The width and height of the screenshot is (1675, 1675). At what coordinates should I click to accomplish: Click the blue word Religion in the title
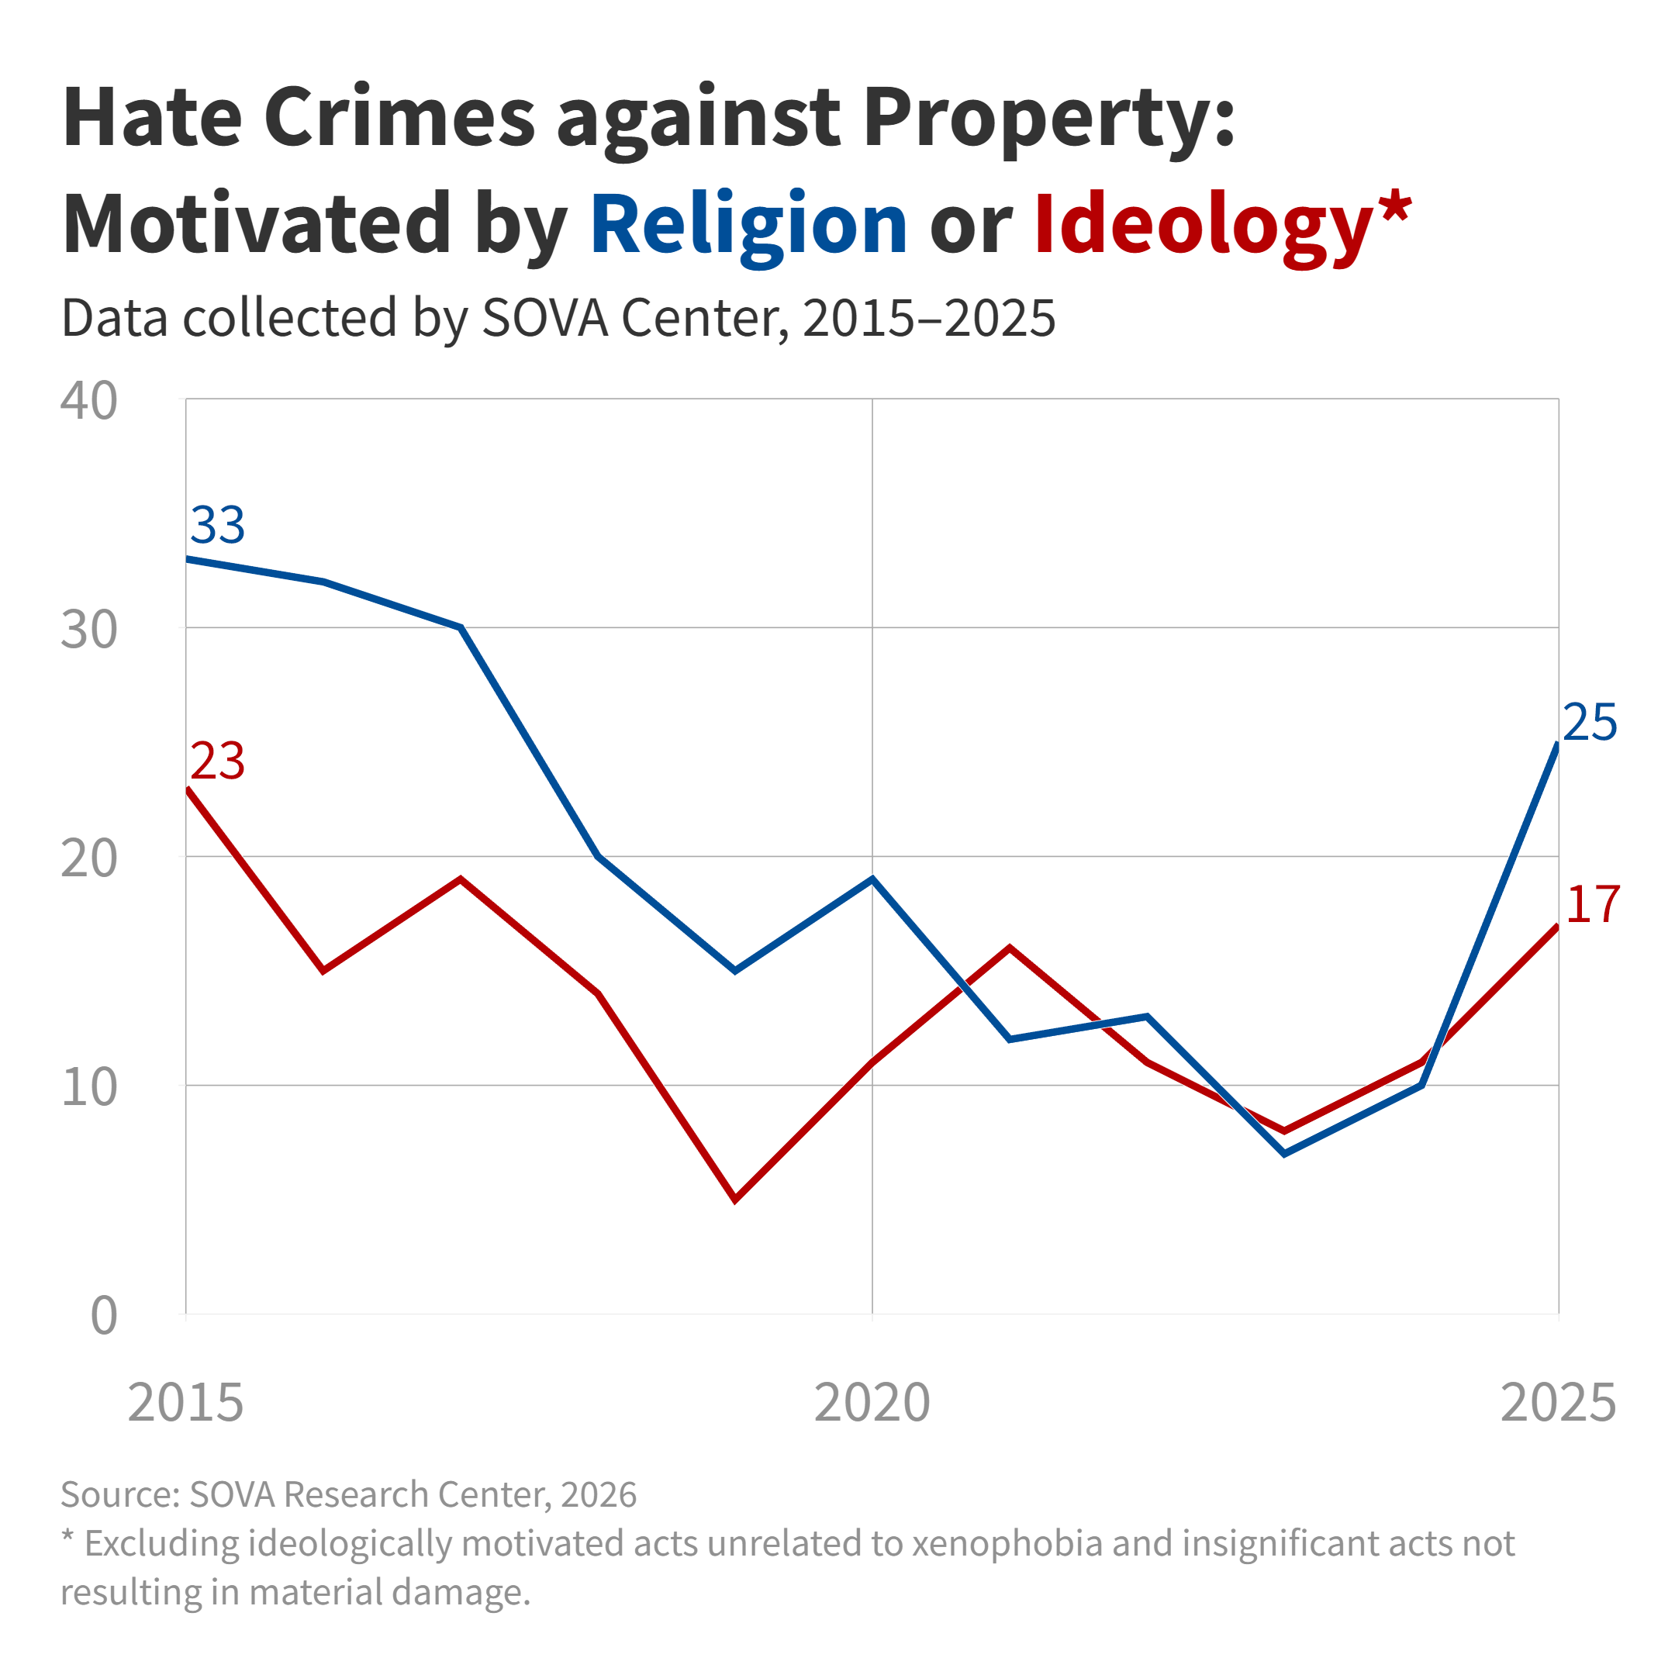(748, 226)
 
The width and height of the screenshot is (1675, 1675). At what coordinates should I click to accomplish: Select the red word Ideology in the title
(1204, 226)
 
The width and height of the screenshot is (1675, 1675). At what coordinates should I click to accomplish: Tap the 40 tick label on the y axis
(89, 402)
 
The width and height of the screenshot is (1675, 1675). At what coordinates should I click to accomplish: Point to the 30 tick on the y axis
(89, 630)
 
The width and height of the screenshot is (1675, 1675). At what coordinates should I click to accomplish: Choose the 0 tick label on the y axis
(104, 1315)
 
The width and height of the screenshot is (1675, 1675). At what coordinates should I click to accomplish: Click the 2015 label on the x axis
(185, 1402)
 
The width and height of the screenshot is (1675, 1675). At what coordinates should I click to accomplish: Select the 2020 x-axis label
(872, 1402)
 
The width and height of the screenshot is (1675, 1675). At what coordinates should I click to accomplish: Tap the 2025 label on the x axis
(1558, 1402)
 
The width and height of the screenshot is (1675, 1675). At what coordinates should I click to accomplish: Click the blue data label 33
(218, 526)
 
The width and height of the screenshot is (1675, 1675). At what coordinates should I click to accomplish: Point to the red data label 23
(218, 762)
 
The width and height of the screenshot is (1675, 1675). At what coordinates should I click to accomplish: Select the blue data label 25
(1590, 722)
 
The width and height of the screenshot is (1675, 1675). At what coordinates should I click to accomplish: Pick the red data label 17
(1593, 904)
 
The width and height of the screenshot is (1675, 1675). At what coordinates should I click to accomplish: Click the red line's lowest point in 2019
(735, 1200)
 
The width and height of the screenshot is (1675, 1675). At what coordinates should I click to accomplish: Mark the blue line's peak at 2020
(872, 879)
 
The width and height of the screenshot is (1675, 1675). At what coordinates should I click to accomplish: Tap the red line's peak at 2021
(1010, 948)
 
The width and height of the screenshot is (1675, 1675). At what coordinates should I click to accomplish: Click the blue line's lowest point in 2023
(1284, 1154)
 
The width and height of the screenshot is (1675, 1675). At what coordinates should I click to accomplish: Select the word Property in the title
(1048, 118)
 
